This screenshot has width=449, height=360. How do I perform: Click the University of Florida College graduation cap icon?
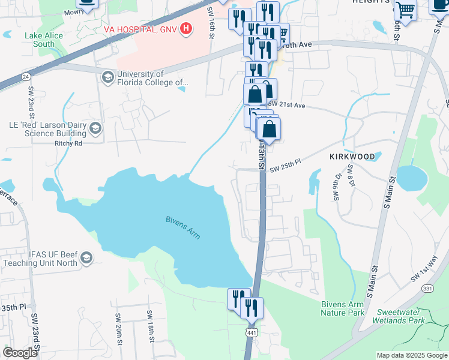tap(107, 76)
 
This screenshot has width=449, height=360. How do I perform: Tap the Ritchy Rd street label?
tap(68, 143)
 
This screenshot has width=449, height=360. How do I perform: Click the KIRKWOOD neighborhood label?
tap(352, 157)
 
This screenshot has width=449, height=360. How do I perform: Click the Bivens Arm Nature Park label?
tap(343, 308)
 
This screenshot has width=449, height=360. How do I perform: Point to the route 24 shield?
tap(26, 76)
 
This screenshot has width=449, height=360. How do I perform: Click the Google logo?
tap(20, 352)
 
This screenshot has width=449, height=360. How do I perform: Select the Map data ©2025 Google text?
tap(411, 355)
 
